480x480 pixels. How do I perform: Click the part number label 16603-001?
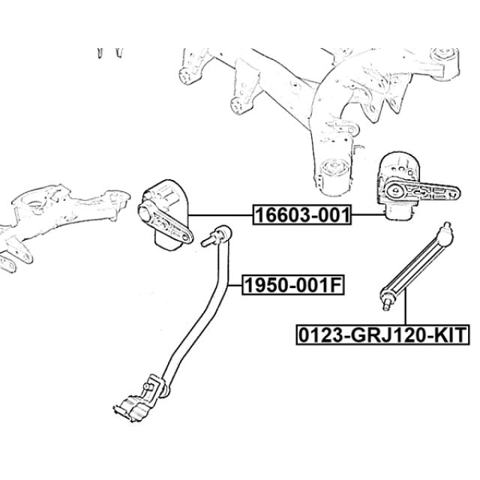[x=301, y=215]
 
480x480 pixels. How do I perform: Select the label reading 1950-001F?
[x=293, y=285]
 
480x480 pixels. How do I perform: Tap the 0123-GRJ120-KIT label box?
[x=382, y=335]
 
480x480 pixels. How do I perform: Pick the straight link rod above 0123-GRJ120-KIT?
[x=415, y=265]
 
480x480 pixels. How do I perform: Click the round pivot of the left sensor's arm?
[x=145, y=211]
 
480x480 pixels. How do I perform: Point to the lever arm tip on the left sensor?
[x=186, y=237]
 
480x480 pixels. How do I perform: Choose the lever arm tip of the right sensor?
[x=454, y=193]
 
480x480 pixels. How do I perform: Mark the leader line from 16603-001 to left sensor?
[x=220, y=215]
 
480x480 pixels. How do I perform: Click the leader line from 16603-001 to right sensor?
[x=368, y=215]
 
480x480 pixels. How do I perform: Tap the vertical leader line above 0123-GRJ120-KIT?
[x=405, y=307]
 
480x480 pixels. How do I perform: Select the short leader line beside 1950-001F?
[x=235, y=285]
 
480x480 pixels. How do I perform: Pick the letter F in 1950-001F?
[x=335, y=285]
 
